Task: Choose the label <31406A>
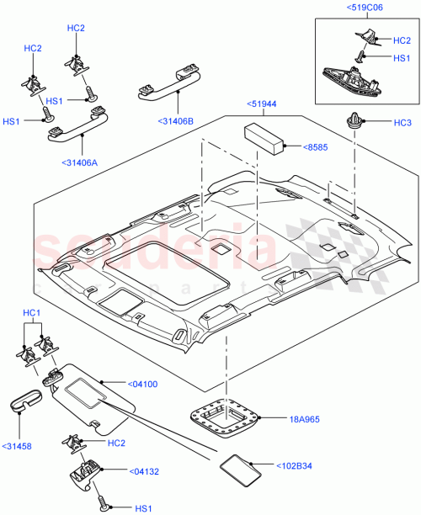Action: point(81,162)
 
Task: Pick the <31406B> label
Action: point(175,121)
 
